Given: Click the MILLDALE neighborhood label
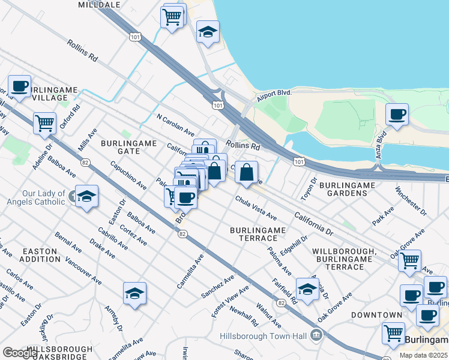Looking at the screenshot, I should point(99,4).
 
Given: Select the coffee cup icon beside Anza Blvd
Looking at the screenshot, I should point(396,114).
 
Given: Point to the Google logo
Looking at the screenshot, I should point(19,353).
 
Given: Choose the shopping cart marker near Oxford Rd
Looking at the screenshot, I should point(45,123).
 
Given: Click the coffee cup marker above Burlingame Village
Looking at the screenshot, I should point(19,86).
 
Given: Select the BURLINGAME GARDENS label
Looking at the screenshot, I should point(348,189).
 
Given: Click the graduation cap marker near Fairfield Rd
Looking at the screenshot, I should point(307,289).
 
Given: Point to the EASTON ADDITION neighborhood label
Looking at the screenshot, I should point(40,255).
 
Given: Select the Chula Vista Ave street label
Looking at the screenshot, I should point(256,208).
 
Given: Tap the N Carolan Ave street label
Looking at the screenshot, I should point(175,124).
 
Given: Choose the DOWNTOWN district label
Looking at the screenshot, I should point(376,315).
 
